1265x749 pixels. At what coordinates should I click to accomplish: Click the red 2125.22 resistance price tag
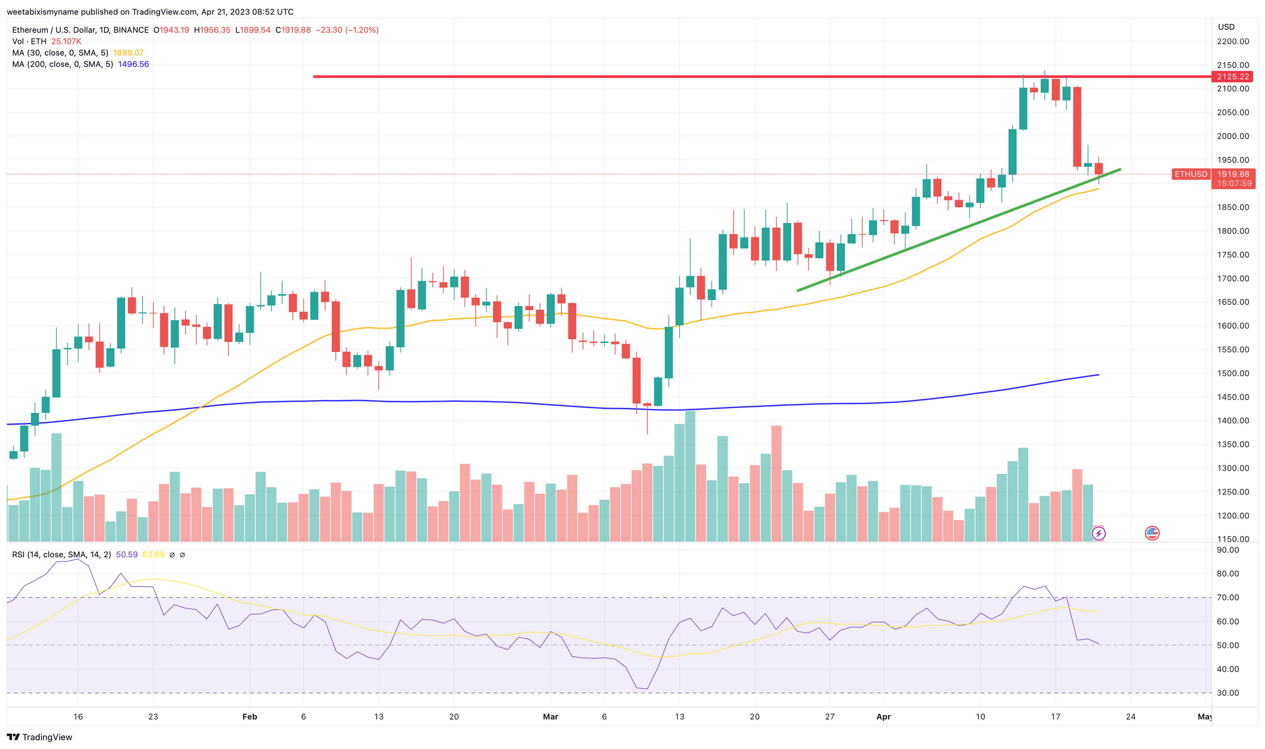pyautogui.click(x=1232, y=76)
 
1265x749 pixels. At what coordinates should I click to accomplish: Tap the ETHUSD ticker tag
pyautogui.click(x=1191, y=174)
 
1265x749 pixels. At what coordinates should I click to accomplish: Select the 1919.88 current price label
pyautogui.click(x=1232, y=174)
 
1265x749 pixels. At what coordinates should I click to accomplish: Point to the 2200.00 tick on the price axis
pyautogui.click(x=1232, y=41)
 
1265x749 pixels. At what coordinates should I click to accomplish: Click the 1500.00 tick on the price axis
pyautogui.click(x=1232, y=373)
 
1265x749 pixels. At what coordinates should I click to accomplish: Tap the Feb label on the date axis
pyautogui.click(x=249, y=717)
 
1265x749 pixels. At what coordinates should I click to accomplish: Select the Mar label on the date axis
pyautogui.click(x=550, y=717)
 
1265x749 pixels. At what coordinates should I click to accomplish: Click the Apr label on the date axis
pyautogui.click(x=883, y=717)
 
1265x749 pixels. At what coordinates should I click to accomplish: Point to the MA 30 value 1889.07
pyautogui.click(x=128, y=53)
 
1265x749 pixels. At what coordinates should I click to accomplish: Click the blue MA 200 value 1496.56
pyautogui.click(x=133, y=64)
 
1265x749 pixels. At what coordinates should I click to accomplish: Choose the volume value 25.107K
pyautogui.click(x=66, y=41)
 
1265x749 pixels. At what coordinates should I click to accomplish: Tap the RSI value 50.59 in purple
pyautogui.click(x=126, y=555)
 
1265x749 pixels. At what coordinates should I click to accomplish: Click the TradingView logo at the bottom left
pyautogui.click(x=39, y=737)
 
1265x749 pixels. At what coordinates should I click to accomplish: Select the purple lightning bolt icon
pyautogui.click(x=1098, y=533)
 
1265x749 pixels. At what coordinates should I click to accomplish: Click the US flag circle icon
pyautogui.click(x=1152, y=533)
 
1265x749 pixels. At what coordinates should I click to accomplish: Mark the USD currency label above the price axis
pyautogui.click(x=1226, y=27)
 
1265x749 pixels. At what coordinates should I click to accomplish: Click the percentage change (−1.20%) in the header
pyautogui.click(x=362, y=30)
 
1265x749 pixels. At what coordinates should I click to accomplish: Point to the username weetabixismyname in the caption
pyautogui.click(x=42, y=12)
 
